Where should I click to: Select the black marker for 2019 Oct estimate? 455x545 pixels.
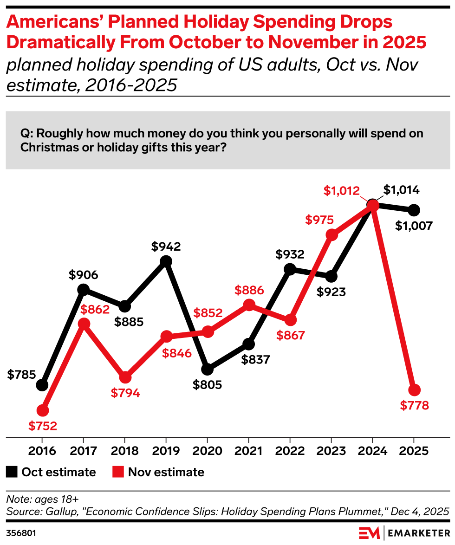tap(166, 262)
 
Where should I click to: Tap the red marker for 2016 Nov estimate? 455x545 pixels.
tap(42, 410)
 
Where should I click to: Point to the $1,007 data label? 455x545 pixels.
tap(414, 226)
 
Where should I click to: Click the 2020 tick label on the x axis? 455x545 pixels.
tap(207, 451)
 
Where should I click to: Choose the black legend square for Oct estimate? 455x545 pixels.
tap(12, 472)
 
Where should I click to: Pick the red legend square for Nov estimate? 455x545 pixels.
tap(118, 472)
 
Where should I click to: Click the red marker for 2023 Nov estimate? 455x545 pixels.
tap(331, 235)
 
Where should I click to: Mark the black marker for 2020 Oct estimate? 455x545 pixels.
tap(207, 370)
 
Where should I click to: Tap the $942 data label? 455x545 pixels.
tap(166, 247)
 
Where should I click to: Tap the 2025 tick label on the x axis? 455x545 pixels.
tap(414, 451)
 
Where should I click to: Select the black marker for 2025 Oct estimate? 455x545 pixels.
tap(414, 210)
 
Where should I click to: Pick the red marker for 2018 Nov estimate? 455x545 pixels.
tap(124, 377)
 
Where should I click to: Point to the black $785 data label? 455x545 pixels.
tap(22, 374)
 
